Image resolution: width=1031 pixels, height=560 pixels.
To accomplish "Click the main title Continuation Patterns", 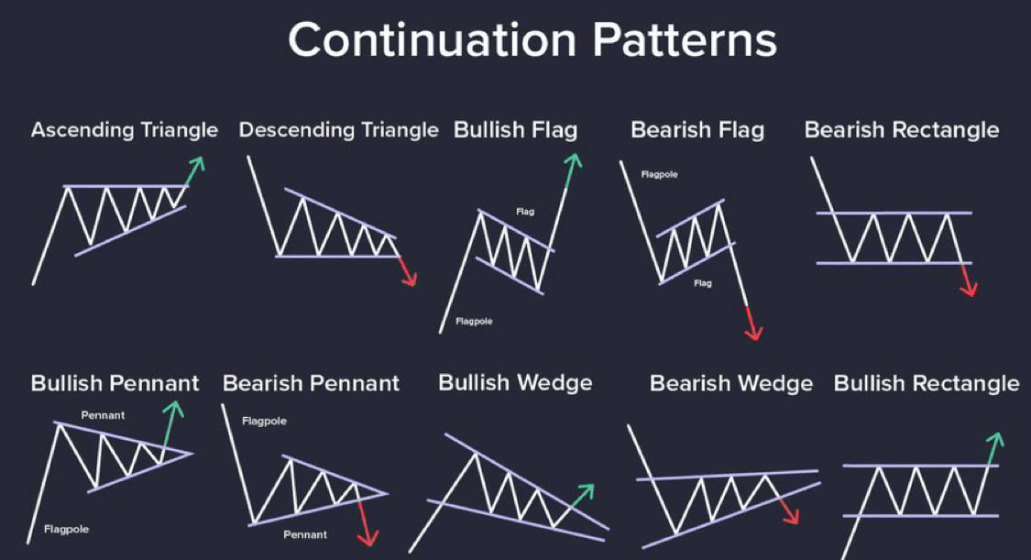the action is (532, 40).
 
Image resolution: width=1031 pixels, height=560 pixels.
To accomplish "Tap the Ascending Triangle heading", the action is (125, 130).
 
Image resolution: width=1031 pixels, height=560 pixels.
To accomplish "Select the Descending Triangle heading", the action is (338, 130).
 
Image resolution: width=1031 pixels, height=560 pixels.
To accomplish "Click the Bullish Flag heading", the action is (515, 130).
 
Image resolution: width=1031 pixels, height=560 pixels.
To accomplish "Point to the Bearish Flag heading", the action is (697, 130).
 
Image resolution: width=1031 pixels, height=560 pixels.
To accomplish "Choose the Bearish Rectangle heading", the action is (902, 130).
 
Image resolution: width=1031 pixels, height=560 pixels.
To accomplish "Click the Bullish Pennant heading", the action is (115, 383).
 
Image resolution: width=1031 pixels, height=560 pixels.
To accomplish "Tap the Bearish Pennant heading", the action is (311, 383).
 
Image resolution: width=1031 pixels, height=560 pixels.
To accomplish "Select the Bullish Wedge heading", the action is (515, 383).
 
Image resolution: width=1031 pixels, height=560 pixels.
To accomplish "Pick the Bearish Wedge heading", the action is (731, 383).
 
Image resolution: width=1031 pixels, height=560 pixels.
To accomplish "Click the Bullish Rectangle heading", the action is (927, 383).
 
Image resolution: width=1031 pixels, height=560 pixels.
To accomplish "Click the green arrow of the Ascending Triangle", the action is (194, 171).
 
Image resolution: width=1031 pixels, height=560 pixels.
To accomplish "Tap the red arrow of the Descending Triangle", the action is (407, 270).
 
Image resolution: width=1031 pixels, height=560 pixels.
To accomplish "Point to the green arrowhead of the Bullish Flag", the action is (574, 160).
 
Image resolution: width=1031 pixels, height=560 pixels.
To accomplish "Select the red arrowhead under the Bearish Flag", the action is (754, 332).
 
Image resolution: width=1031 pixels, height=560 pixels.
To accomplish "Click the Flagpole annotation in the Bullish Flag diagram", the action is (474, 322).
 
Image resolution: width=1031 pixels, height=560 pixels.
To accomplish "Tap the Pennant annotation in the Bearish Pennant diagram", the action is (305, 535).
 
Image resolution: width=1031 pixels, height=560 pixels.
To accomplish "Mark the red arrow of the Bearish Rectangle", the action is (968, 280).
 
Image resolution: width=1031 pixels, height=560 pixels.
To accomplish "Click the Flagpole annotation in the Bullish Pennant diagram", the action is (66, 529).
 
